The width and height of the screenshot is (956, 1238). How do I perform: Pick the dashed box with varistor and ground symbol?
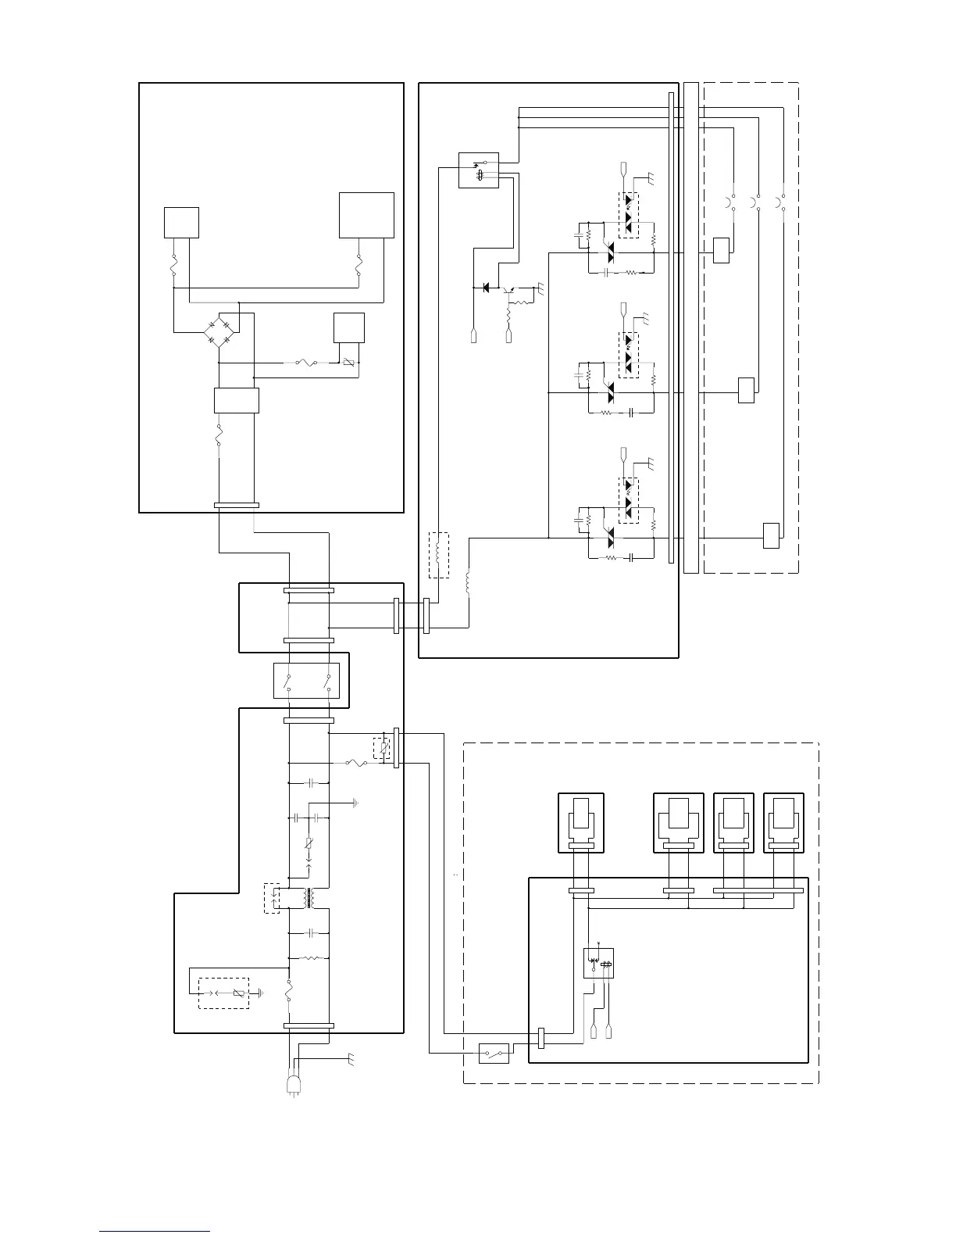[223, 993]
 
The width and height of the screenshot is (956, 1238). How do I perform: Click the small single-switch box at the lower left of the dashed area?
[494, 1054]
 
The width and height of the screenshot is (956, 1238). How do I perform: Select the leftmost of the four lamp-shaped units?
[581, 823]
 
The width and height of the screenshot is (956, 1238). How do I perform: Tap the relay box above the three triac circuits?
[478, 170]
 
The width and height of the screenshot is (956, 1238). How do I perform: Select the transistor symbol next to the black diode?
[511, 291]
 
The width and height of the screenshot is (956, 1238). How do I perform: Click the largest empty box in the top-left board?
[366, 215]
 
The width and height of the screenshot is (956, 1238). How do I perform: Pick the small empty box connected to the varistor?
[348, 327]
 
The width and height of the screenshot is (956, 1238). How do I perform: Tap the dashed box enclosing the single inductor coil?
[439, 555]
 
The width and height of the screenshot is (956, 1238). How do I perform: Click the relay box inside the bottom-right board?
[598, 963]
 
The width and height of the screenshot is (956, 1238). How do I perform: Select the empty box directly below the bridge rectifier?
[236, 400]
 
